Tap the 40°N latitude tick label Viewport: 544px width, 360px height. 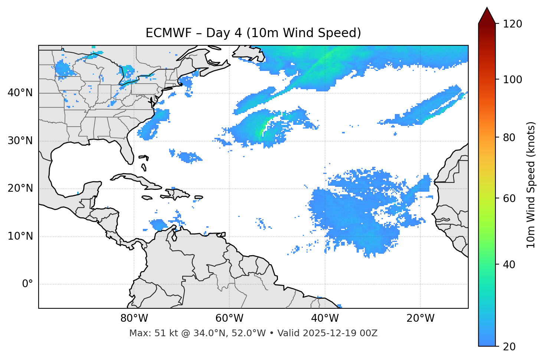pos(20,93)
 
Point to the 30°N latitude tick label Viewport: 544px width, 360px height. pos(20,141)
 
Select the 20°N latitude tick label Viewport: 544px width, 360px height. pos(20,188)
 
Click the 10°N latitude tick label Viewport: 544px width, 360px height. pos(20,236)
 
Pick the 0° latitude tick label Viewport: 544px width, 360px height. pos(27,284)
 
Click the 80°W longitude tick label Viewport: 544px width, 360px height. pos(134,318)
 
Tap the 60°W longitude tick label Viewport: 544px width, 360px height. pos(229,318)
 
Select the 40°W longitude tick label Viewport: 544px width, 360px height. pos(325,318)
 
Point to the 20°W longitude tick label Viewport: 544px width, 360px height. pos(420,318)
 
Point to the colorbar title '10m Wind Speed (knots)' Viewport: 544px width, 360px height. pos(531,185)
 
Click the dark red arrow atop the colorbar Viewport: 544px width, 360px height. pos(487,16)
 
